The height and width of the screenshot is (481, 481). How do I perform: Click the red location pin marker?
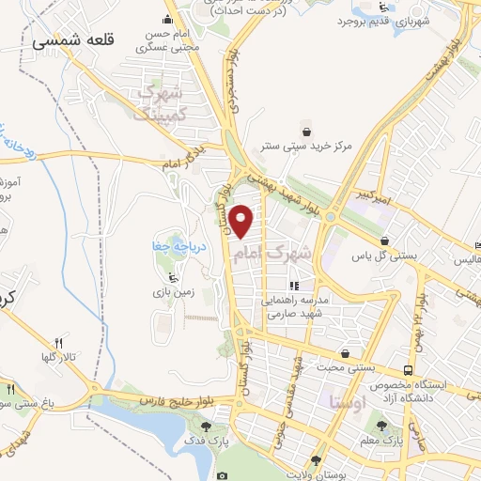coord(243,221)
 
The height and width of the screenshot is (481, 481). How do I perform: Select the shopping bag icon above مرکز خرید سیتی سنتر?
coord(305,131)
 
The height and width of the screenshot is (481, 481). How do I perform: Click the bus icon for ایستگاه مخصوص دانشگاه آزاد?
coord(407,370)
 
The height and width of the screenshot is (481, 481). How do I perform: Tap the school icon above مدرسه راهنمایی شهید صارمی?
coord(294,286)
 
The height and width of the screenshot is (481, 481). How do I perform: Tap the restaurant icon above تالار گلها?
coord(57,343)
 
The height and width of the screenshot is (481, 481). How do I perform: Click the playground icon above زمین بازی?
coord(171,277)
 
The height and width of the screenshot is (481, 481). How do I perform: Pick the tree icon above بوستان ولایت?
coord(317,460)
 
